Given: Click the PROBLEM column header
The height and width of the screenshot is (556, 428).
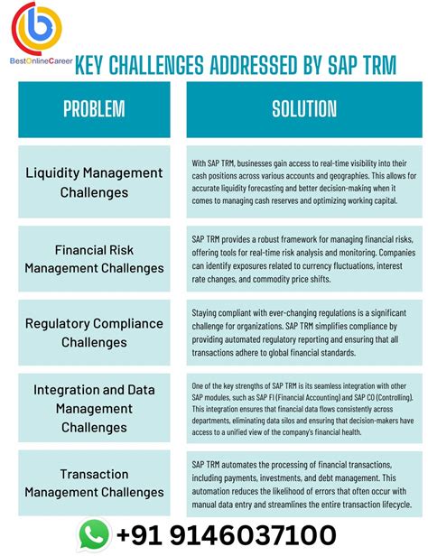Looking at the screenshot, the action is (x=94, y=109).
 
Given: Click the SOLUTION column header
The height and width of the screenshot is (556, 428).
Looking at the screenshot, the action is (x=304, y=109).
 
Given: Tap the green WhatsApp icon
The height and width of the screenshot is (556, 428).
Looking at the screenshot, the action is (x=94, y=533).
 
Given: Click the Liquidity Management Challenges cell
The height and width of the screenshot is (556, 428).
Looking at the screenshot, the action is (x=94, y=181).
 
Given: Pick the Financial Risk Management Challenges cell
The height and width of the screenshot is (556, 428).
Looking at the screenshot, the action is (x=94, y=257).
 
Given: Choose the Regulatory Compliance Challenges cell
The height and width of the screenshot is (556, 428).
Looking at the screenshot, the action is (x=94, y=332).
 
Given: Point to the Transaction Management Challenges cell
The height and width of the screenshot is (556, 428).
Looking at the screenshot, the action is (x=94, y=482).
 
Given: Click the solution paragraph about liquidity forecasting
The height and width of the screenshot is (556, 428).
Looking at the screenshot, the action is (x=304, y=181).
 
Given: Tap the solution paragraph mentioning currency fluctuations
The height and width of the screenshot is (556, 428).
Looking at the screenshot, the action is (x=304, y=257).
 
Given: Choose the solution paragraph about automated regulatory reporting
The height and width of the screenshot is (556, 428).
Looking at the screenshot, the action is (x=304, y=332).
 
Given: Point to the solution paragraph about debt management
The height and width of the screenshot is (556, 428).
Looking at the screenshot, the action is (x=304, y=482).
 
